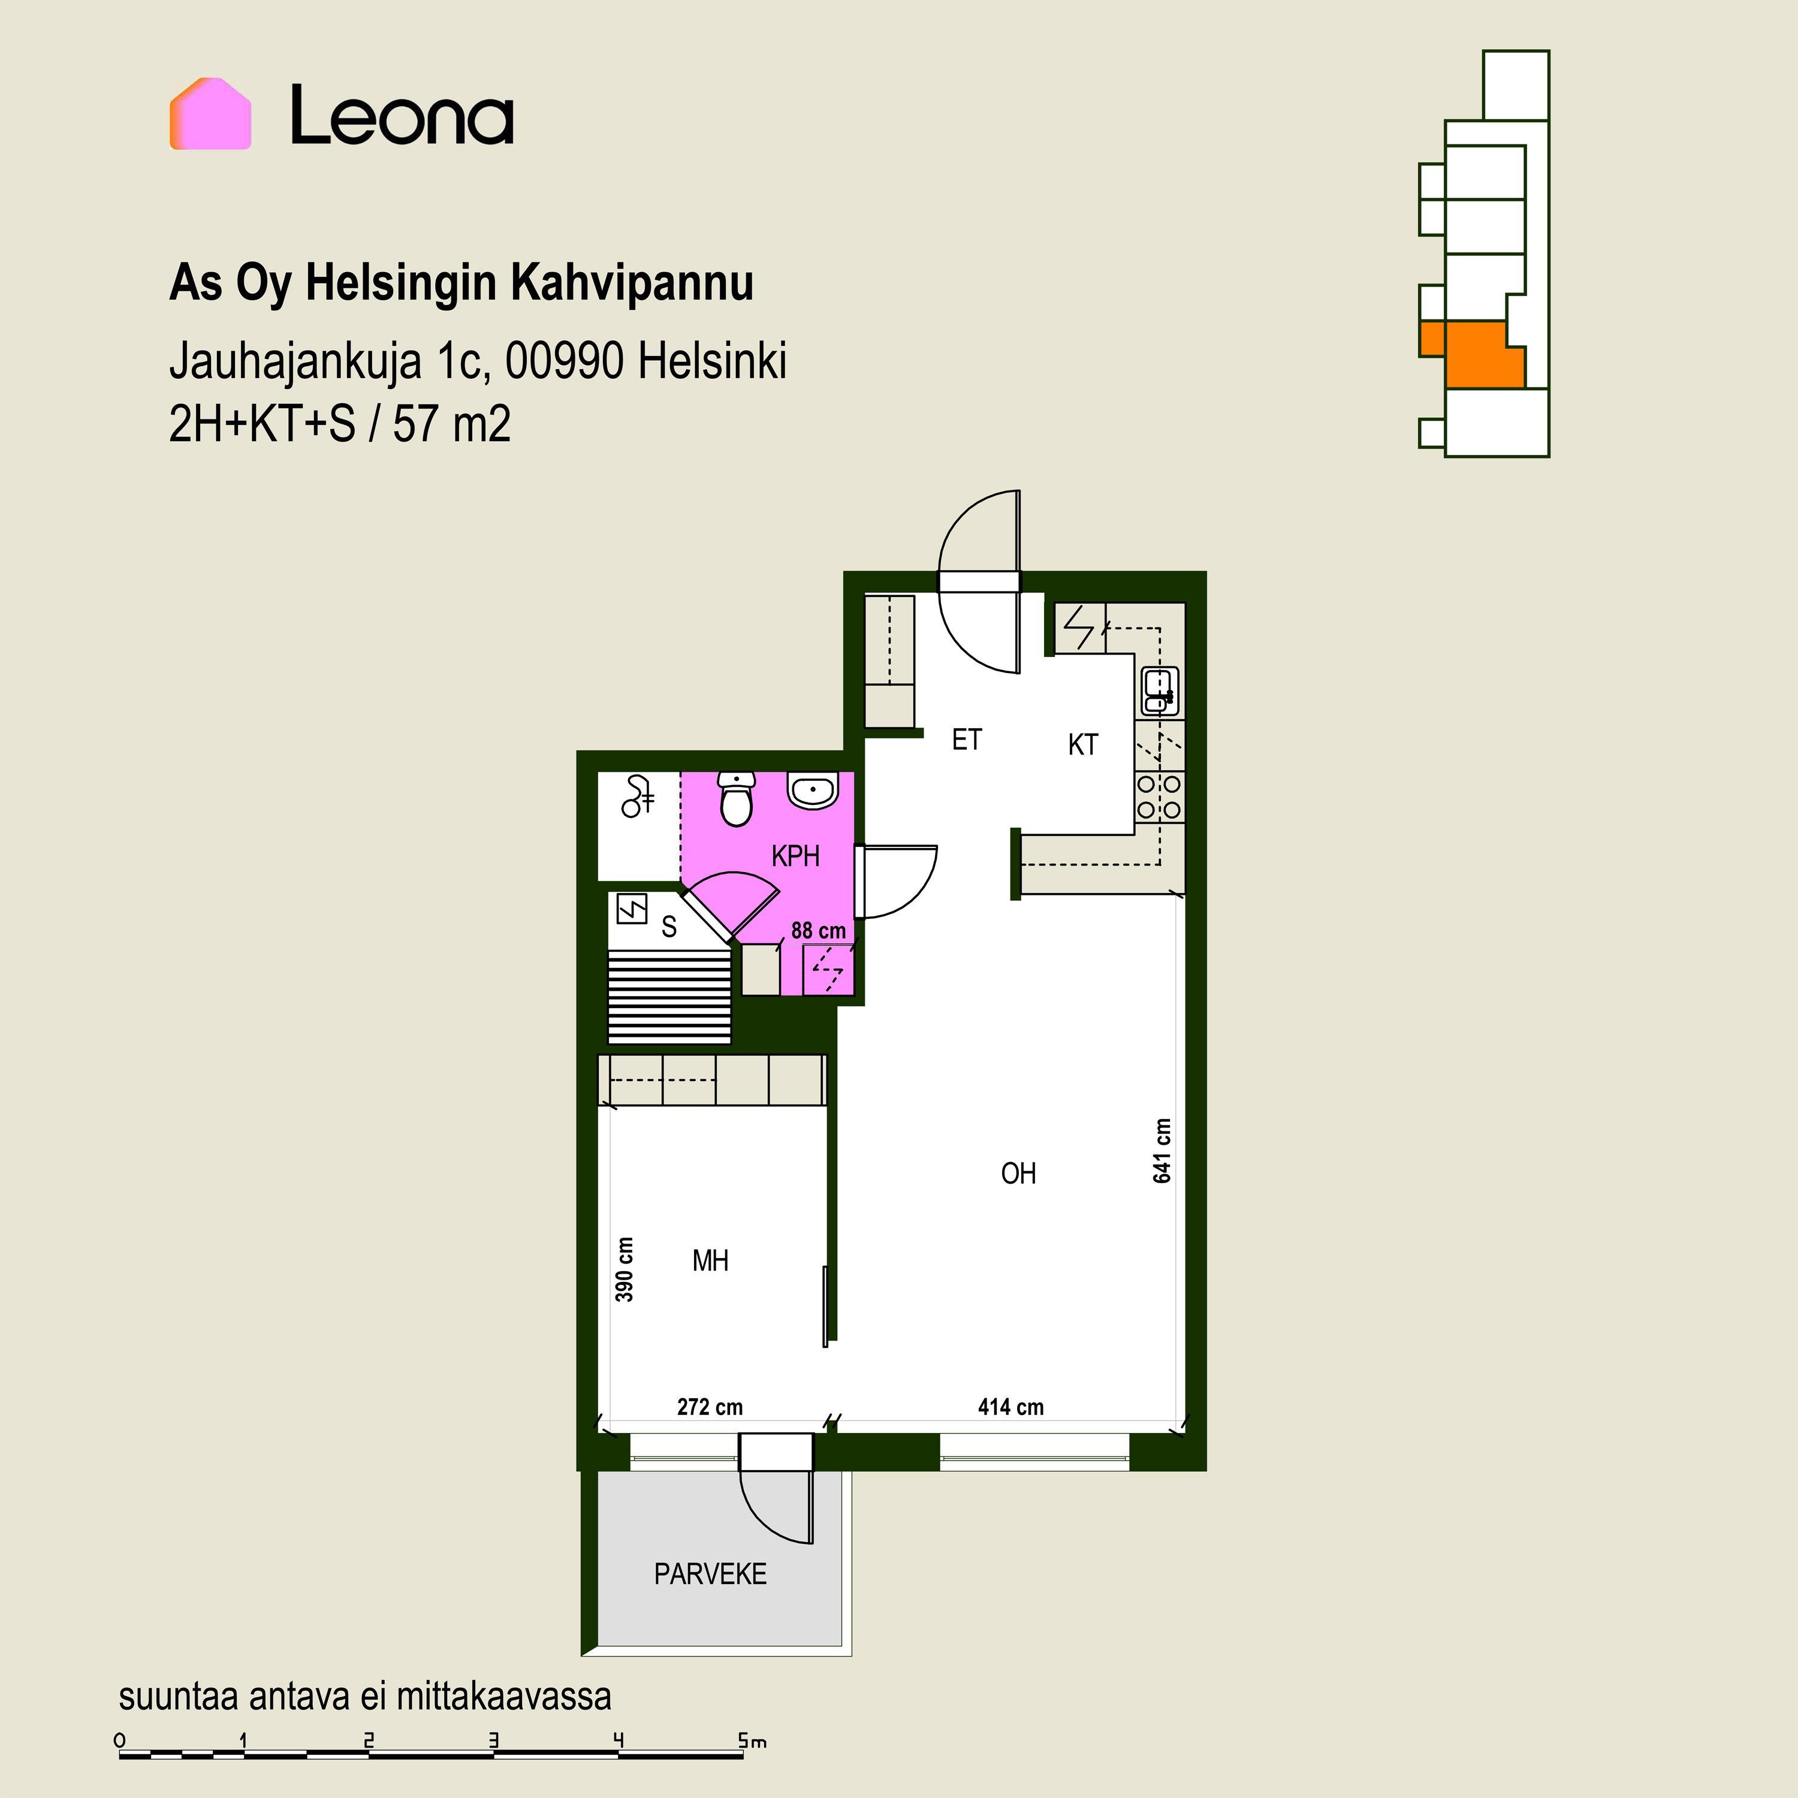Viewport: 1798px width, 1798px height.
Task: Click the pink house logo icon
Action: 210,113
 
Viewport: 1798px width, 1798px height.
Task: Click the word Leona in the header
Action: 402,116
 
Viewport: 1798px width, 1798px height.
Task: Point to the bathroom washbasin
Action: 813,791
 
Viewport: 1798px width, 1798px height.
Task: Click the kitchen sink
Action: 1160,690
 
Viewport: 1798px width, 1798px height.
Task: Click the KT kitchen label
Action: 1082,744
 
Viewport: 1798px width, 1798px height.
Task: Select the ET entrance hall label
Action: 966,740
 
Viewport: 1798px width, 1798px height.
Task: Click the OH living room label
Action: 1018,1173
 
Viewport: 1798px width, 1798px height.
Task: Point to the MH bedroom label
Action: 710,1261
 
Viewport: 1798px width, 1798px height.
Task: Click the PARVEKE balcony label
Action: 710,1574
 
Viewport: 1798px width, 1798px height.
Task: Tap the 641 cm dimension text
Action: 1162,1151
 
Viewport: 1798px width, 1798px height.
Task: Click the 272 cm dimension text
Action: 710,1407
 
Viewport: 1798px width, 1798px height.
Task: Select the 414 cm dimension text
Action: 1010,1407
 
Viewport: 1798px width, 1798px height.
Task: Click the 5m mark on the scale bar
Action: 752,1740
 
